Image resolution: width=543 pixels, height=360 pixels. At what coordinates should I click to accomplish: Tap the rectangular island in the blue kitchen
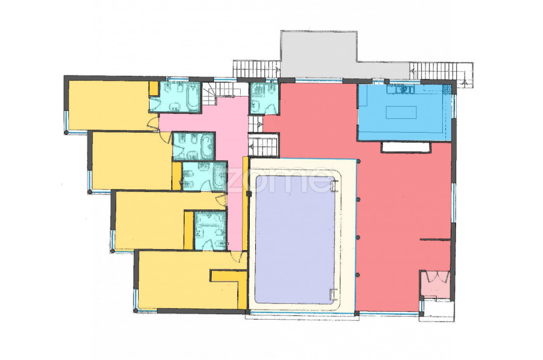[401, 113]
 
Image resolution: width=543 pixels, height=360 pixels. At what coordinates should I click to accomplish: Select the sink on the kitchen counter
[404, 90]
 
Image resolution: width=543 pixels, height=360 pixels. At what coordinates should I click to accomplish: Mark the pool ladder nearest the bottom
[333, 294]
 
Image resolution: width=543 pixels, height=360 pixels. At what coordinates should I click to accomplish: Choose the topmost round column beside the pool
[359, 162]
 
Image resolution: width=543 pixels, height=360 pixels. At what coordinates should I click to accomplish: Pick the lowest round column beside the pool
[358, 275]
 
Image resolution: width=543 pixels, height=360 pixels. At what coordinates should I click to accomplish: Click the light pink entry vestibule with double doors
[435, 283]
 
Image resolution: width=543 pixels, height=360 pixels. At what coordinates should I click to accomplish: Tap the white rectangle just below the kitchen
[406, 147]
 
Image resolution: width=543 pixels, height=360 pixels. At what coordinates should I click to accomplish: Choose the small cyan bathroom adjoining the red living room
[264, 98]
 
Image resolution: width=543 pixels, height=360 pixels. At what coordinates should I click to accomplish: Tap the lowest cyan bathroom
[210, 230]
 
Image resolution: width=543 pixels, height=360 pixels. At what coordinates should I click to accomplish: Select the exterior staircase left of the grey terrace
[256, 69]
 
